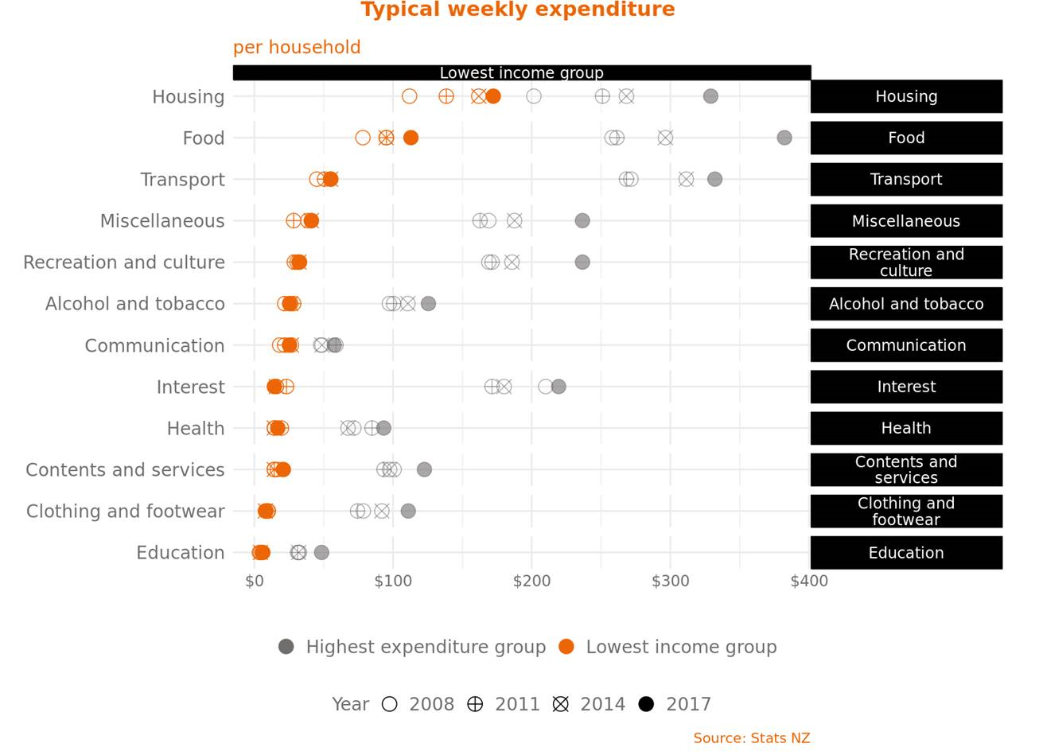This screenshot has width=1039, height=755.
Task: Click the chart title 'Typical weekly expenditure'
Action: click(517, 10)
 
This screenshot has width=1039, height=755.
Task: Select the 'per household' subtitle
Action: click(297, 48)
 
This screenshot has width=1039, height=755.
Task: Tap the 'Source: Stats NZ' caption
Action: click(751, 738)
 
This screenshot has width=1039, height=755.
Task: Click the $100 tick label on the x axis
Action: click(393, 582)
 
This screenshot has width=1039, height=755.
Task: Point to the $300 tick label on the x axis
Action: click(670, 582)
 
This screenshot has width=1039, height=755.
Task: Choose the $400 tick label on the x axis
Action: click(809, 582)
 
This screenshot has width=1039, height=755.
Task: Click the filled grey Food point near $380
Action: click(784, 138)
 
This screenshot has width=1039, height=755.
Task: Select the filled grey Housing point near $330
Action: click(710, 96)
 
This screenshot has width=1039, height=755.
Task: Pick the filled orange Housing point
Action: click(493, 96)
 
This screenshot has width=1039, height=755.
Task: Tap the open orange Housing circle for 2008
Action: click(409, 96)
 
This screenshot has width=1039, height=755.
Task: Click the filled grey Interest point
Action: click(558, 387)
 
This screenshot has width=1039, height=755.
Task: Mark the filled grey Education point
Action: click(321, 552)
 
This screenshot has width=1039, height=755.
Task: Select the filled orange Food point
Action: click(411, 138)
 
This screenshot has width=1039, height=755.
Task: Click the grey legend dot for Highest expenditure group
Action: click(286, 647)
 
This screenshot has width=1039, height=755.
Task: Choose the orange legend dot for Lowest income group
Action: click(566, 647)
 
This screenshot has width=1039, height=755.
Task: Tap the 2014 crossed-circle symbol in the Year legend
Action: click(561, 704)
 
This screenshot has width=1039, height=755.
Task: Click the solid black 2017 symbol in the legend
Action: click(646, 704)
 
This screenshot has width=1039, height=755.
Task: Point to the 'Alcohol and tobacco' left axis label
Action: click(135, 304)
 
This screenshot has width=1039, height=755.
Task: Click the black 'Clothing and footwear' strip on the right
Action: click(906, 511)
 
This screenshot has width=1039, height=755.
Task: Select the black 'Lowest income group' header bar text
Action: click(521, 73)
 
